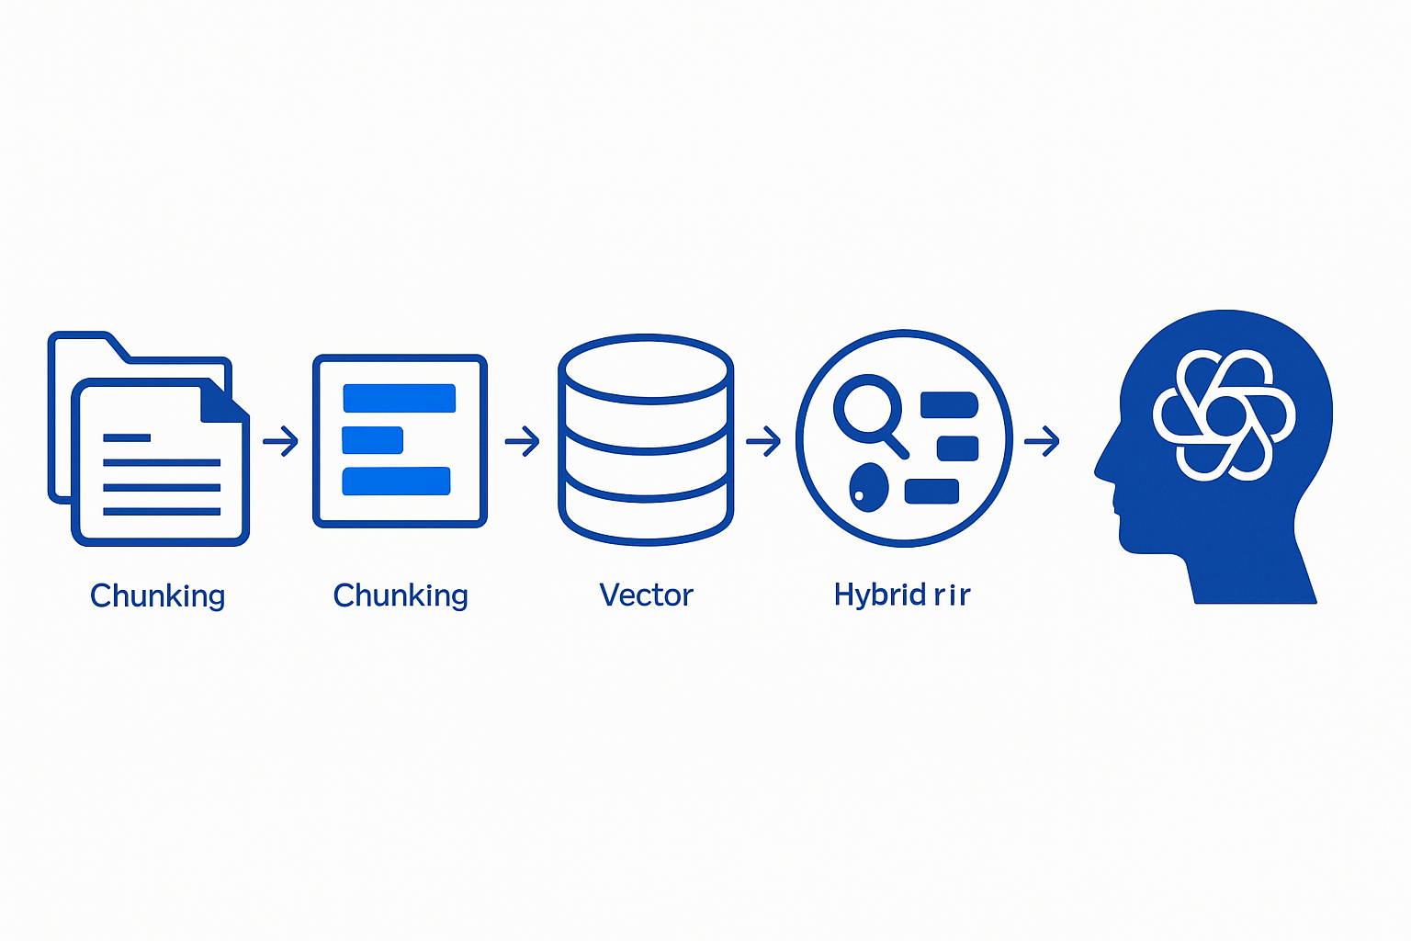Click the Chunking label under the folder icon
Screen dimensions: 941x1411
click(x=158, y=595)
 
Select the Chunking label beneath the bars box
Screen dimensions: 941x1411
click(x=401, y=595)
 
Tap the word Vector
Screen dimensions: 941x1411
click(x=646, y=595)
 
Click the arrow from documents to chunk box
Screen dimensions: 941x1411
click(x=281, y=441)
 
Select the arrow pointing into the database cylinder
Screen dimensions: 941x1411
click(x=523, y=441)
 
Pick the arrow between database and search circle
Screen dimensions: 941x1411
click(x=763, y=441)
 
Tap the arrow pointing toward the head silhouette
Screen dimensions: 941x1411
click(x=1043, y=441)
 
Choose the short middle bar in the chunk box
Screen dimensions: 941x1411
click(x=373, y=440)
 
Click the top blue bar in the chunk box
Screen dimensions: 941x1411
click(x=400, y=398)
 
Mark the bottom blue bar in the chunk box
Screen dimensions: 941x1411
click(x=397, y=481)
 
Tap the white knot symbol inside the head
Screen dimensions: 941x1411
click(x=1225, y=415)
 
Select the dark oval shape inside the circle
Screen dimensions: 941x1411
click(x=869, y=487)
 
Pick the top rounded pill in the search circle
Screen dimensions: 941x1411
click(x=949, y=405)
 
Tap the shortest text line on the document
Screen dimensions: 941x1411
click(x=127, y=438)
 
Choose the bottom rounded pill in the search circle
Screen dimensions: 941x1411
click(x=931, y=492)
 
